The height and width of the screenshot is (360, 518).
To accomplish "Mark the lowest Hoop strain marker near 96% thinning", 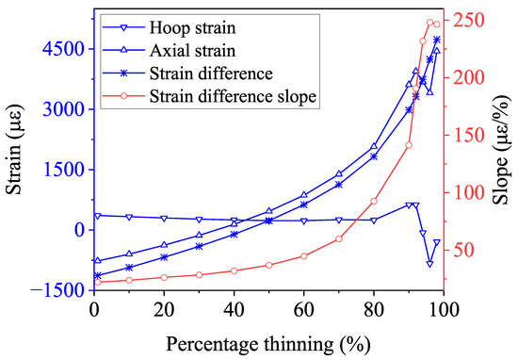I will pos(429,263).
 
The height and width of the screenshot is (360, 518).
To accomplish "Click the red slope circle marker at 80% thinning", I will pos(374,201).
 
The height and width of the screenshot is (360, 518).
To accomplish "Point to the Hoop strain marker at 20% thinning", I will pos(164,218).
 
